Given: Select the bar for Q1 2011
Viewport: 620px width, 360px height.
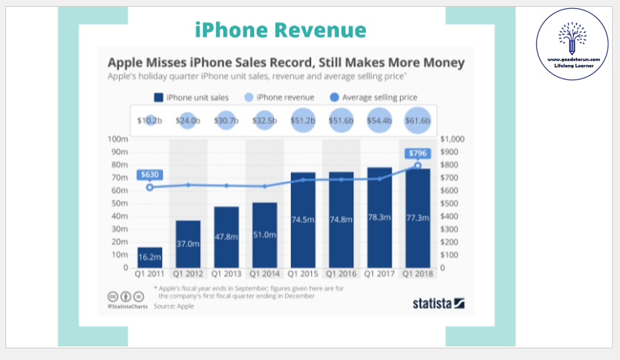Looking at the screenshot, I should point(150,257).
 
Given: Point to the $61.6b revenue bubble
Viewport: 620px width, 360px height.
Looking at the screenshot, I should point(417,120).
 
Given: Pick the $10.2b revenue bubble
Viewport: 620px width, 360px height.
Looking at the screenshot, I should point(150,120).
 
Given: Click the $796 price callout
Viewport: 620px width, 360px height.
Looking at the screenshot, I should point(417,154).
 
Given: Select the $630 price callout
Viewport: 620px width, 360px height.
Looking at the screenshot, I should point(150,174).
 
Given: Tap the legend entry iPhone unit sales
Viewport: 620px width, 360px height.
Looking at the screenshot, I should point(191,97).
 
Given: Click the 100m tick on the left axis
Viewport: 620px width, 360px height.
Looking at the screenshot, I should point(117,139).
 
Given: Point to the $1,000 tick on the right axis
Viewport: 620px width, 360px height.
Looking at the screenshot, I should point(455,139).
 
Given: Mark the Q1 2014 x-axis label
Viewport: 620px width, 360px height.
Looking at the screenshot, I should point(265,274).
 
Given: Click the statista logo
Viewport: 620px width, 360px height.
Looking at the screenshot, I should point(438,303).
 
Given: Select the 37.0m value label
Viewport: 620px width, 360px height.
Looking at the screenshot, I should point(188,244).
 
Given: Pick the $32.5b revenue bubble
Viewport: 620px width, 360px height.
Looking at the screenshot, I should point(265,120).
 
